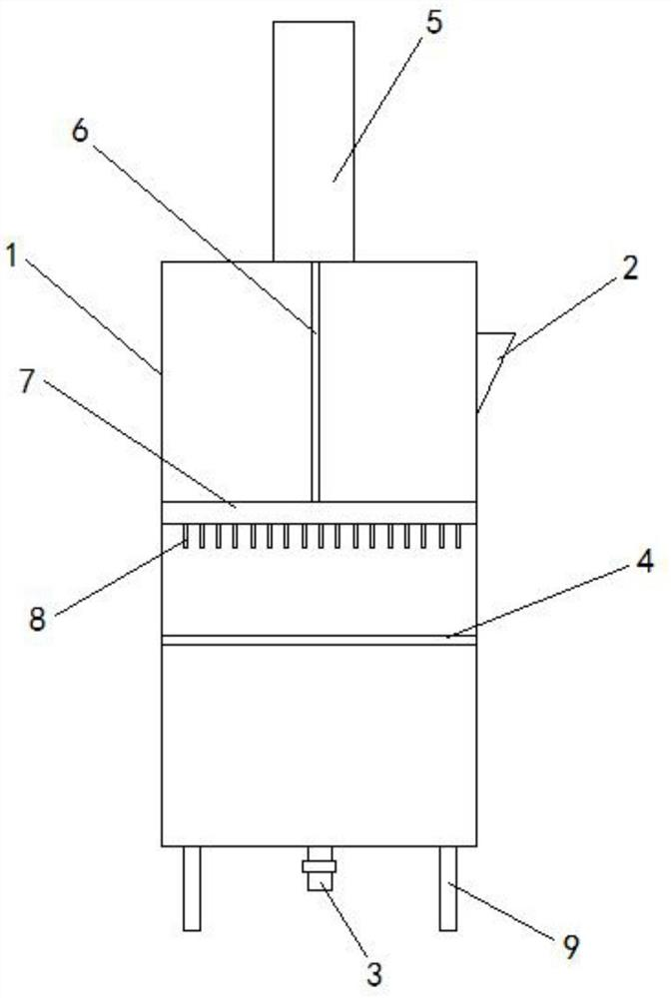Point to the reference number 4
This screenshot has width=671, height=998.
617,565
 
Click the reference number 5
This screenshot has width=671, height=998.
432,23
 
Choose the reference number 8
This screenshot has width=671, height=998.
37,619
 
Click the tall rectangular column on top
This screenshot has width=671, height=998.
314,140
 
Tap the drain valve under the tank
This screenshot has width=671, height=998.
320,868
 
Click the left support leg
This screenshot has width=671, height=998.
192,888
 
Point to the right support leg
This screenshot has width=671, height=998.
447,888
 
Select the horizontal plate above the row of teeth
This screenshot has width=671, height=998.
319,512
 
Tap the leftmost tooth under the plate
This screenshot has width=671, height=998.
186,538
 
